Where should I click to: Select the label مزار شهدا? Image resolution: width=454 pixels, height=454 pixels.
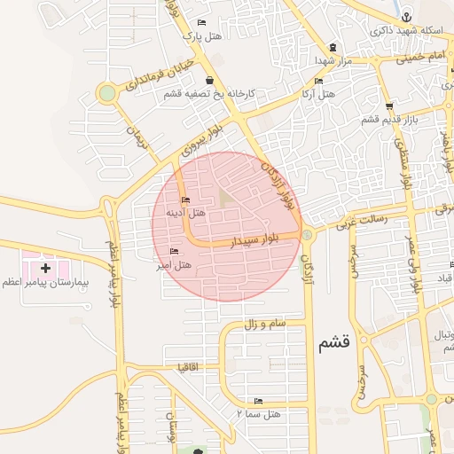[333, 60]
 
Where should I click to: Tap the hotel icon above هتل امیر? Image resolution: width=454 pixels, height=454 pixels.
[173, 252]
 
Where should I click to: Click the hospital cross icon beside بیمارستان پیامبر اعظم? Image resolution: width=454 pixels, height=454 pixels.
[45, 267]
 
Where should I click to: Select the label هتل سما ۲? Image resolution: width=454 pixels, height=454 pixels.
[258, 413]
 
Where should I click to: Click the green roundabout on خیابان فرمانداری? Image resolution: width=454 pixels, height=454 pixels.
[107, 92]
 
